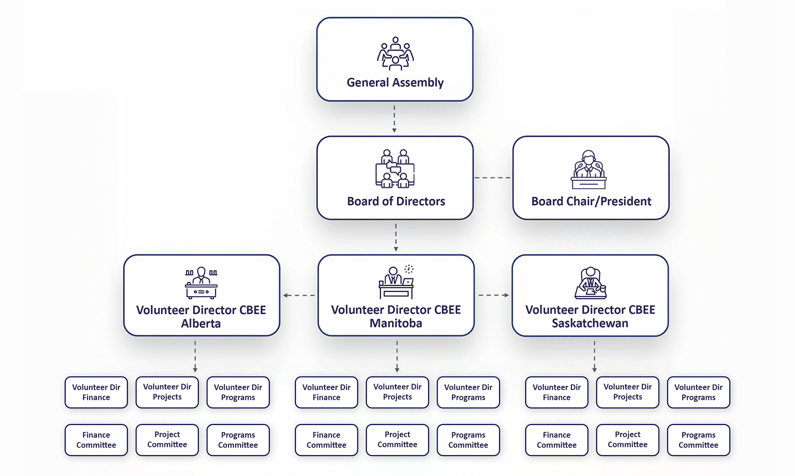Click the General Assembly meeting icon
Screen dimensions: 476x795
tap(395, 54)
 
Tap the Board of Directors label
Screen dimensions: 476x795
tap(396, 201)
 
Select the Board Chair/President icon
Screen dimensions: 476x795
tap(588, 170)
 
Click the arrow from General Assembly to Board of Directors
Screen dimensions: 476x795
tap(394, 118)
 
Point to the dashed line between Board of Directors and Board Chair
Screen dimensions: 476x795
tap(493, 178)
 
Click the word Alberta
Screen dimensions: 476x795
tap(201, 324)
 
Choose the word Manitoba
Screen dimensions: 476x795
tap(396, 323)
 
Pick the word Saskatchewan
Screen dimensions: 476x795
tap(590, 323)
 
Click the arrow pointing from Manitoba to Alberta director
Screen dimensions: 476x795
tap(299, 296)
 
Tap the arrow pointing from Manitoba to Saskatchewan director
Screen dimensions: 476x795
tap(493, 295)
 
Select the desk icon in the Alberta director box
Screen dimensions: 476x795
tap(201, 283)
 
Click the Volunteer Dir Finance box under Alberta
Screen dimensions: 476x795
tap(96, 392)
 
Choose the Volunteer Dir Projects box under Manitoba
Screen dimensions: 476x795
tap(397, 392)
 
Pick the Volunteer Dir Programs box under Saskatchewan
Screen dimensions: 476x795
tap(698, 392)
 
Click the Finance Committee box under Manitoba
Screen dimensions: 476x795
tap(326, 440)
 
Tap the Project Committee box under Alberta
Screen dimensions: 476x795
tap(167, 440)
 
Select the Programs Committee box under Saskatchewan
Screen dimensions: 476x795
tap(698, 440)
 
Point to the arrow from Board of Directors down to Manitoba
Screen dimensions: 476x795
tap(396, 237)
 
